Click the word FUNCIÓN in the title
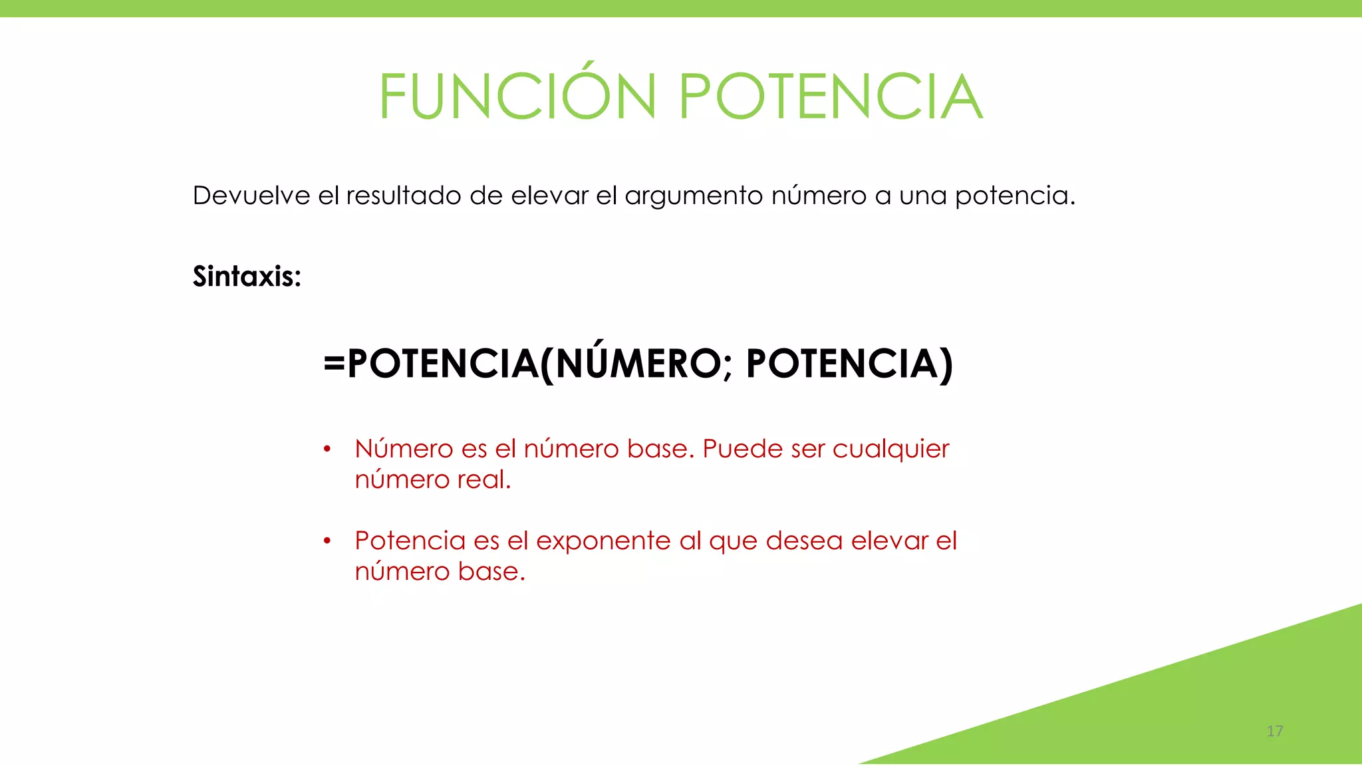click(x=518, y=96)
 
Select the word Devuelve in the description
click(x=251, y=195)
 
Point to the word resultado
click(x=404, y=195)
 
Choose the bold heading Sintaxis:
click(x=247, y=276)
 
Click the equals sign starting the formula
click(x=334, y=364)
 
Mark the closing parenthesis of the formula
click(x=946, y=364)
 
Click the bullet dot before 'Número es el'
click(x=327, y=449)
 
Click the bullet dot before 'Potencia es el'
click(x=327, y=541)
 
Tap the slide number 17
click(x=1274, y=731)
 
